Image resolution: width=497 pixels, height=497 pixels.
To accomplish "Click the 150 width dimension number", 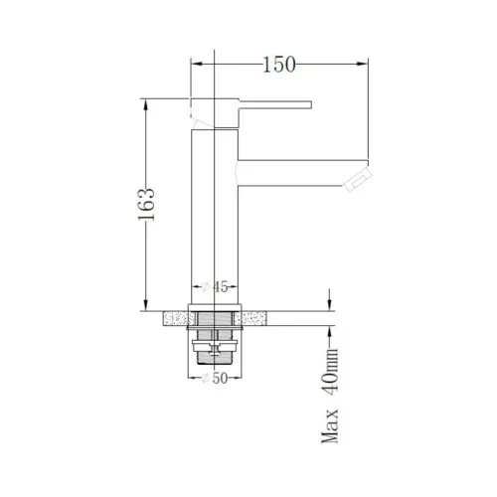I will click(x=280, y=66).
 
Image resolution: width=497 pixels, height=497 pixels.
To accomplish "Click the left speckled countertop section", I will click(x=176, y=317).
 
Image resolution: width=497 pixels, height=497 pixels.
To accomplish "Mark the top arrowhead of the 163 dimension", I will click(x=147, y=101).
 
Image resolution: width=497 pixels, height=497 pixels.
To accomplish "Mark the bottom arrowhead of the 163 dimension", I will click(x=147, y=305).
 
